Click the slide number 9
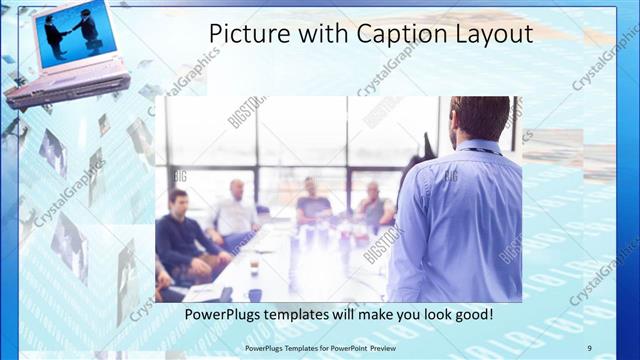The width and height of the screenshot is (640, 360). pyautogui.click(x=589, y=347)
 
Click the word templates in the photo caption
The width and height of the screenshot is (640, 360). pyautogui.click(x=305, y=315)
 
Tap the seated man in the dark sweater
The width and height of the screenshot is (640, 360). pyautogui.click(x=180, y=235)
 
